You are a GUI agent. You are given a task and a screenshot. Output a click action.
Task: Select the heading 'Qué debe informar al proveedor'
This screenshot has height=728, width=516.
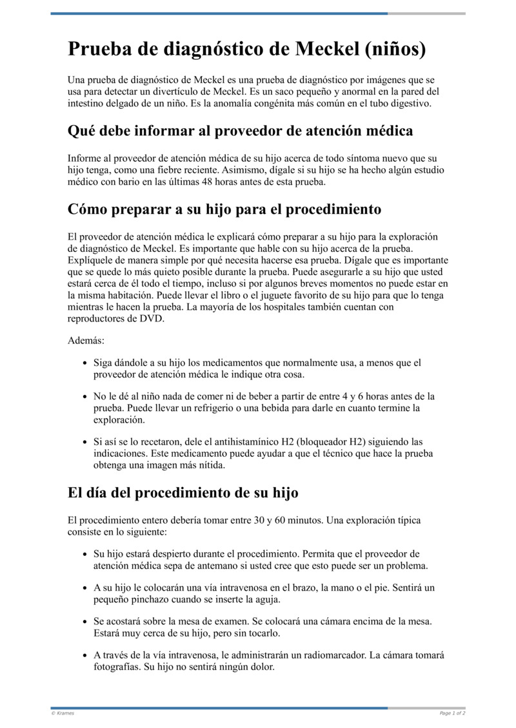point(240,131)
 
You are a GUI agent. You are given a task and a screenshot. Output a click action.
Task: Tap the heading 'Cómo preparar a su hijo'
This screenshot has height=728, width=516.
point(224,209)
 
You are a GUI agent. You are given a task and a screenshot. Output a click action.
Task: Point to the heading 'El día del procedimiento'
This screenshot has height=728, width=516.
point(183,493)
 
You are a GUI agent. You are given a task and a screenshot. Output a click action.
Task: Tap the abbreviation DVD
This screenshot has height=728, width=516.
point(152,318)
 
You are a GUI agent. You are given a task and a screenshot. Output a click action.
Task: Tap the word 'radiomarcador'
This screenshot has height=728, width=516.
point(335,655)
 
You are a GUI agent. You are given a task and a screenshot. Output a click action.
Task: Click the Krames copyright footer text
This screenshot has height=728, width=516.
point(63,713)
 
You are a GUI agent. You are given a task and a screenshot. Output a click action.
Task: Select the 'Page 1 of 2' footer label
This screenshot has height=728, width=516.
point(452,713)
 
